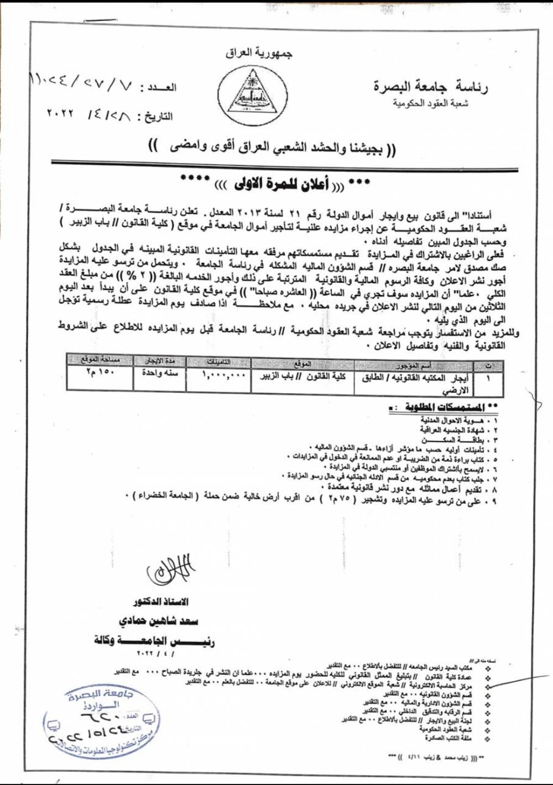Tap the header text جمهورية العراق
[259, 53]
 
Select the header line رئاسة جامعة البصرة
[430, 86]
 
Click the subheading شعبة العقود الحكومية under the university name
[430, 103]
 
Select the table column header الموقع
[302, 363]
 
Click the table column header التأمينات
[218, 362]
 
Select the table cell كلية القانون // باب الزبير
[302, 376]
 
